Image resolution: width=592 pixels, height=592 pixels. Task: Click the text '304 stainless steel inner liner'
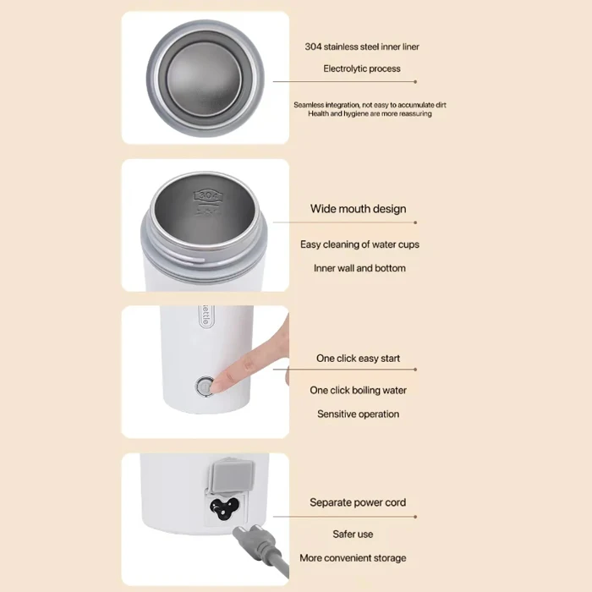click(x=361, y=47)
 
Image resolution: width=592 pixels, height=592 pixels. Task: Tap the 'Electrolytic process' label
click(x=361, y=69)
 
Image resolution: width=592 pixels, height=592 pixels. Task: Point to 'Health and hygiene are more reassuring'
click(x=370, y=113)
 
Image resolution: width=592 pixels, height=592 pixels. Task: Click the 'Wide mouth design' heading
click(x=358, y=209)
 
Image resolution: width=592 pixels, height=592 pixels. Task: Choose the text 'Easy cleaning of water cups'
click(x=359, y=244)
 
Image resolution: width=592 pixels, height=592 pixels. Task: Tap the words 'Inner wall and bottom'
click(x=359, y=268)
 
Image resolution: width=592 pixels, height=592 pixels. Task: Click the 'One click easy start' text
click(x=358, y=359)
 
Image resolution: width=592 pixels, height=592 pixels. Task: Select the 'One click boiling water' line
click(x=358, y=391)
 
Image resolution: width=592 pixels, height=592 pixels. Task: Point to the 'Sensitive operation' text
click(x=358, y=414)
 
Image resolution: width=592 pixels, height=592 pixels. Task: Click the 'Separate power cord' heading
click(x=358, y=502)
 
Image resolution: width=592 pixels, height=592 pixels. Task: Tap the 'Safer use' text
click(x=353, y=534)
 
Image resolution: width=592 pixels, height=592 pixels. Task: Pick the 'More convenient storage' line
click(x=353, y=558)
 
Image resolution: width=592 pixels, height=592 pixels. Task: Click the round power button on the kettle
click(x=204, y=386)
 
